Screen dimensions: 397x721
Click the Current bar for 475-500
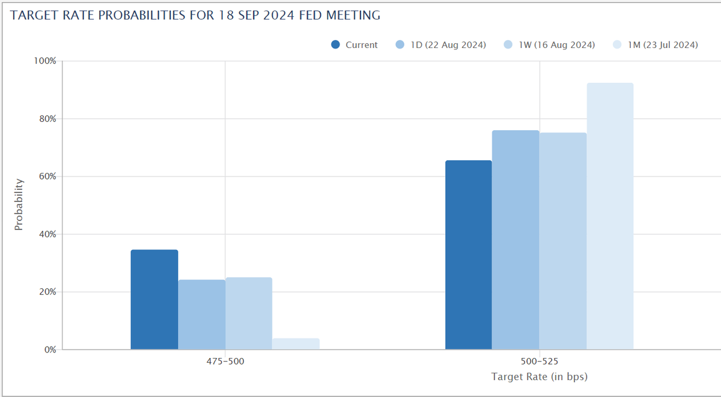154,299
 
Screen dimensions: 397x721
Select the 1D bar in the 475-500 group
201,314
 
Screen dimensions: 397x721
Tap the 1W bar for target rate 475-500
249,313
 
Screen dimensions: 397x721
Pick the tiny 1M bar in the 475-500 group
296,344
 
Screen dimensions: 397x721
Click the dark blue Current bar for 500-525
468,255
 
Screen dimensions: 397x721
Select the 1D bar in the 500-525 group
516,240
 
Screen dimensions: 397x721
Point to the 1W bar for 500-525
562,241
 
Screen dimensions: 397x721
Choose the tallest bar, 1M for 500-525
610,216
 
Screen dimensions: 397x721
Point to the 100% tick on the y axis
45,61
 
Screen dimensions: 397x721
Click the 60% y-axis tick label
47,177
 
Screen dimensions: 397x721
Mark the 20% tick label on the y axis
47,292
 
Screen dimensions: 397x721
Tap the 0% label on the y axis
49,350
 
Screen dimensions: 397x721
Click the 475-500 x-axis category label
225,362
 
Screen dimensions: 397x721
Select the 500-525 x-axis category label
539,362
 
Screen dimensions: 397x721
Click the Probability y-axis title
19,204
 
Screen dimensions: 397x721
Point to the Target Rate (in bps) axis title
539,377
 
